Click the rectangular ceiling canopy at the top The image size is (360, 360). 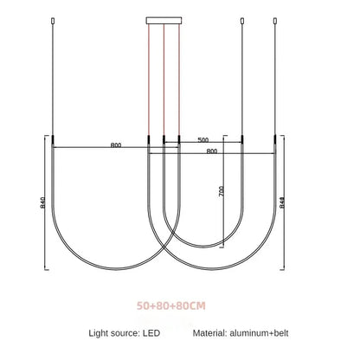click(164, 21)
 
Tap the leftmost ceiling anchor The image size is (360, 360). click(53, 21)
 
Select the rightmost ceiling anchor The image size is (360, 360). click(275, 21)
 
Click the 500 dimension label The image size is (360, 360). click(203, 140)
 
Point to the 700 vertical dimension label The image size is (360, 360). click(222, 191)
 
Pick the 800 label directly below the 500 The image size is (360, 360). click(212, 151)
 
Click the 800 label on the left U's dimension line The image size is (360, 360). click(116, 145)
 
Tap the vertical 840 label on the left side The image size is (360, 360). click(42, 202)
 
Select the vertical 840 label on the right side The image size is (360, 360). click(282, 202)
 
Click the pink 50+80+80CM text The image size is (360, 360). click(171, 305)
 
